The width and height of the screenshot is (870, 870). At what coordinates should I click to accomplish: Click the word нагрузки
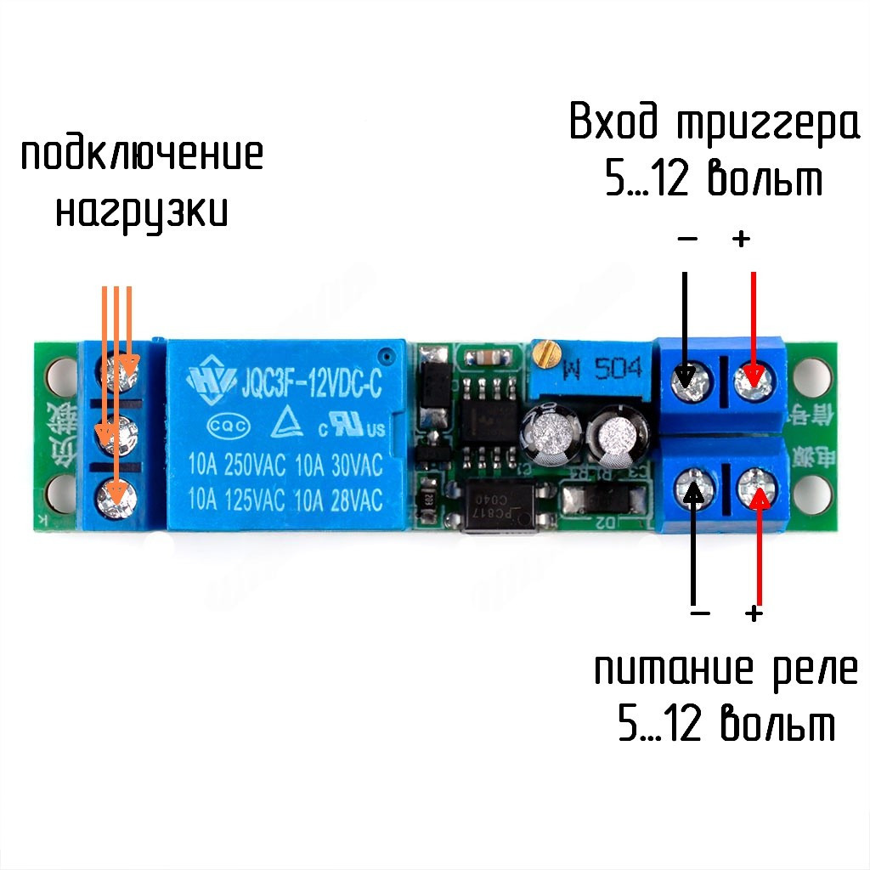click(x=142, y=211)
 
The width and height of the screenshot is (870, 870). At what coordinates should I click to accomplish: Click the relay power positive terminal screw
click(x=754, y=488)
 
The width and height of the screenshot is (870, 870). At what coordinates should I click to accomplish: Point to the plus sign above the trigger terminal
click(x=742, y=240)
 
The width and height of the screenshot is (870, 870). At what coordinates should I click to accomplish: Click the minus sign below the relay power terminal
click(x=700, y=613)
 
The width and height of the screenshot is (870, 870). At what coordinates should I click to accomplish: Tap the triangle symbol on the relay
click(x=277, y=424)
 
